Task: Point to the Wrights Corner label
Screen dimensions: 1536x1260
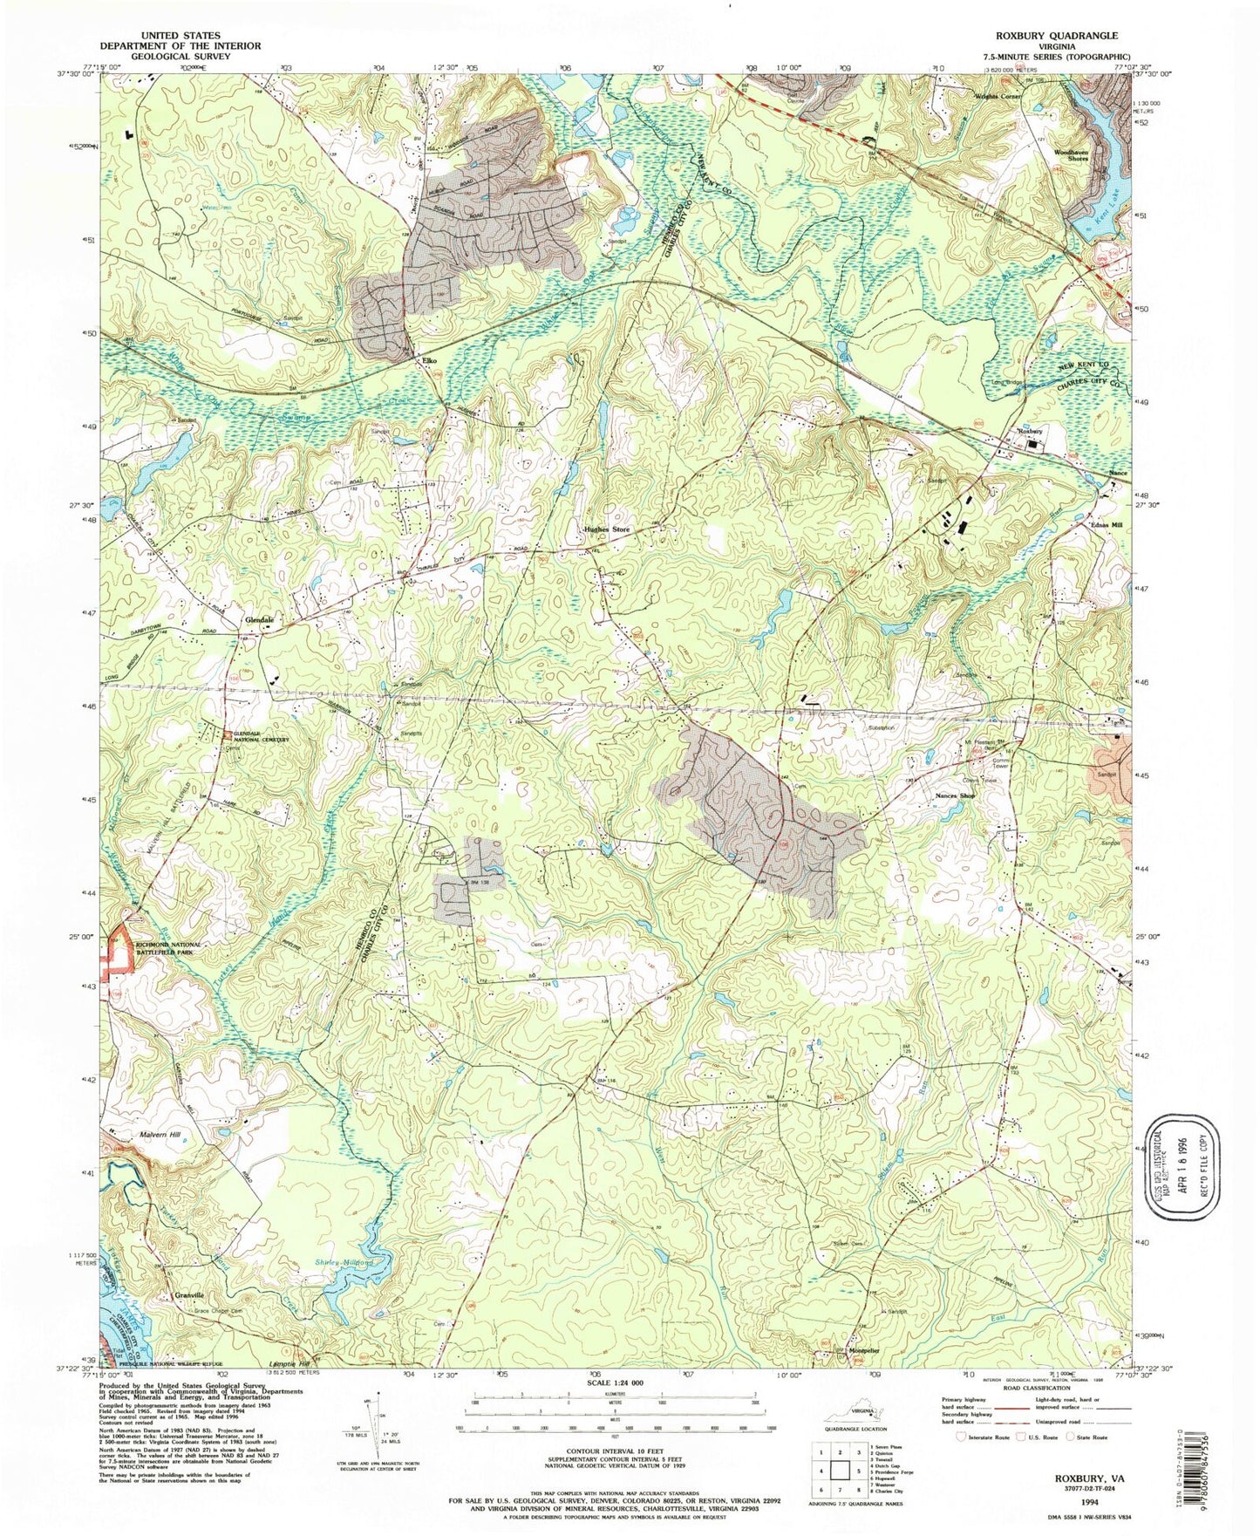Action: coord(997,96)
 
